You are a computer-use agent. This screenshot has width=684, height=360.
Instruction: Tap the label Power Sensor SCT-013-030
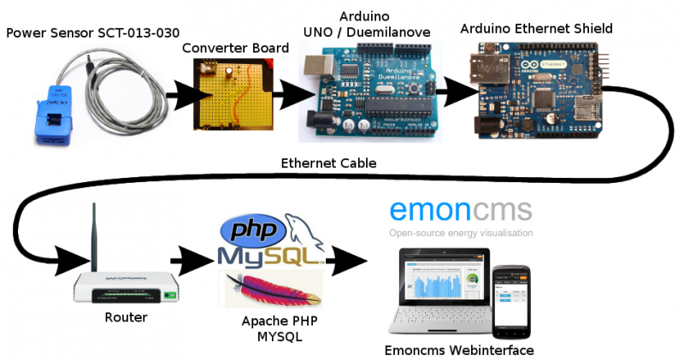point(92,32)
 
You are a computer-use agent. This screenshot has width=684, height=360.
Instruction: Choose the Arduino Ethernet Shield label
point(536,29)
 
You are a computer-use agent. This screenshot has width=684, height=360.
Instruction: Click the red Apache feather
point(272,288)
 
